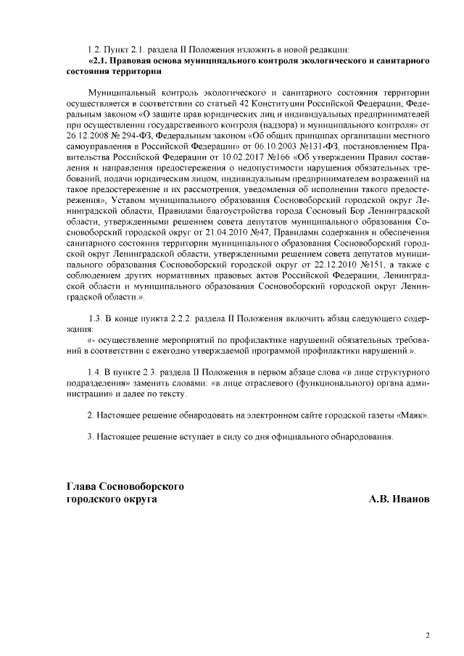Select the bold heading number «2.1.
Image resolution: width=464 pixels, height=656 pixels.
click(98, 62)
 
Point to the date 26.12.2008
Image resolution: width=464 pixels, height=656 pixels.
click(88, 135)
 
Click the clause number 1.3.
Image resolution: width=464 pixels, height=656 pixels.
click(94, 319)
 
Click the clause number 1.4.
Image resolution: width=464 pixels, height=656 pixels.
click(94, 370)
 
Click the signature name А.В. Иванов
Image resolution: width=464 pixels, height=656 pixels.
click(398, 500)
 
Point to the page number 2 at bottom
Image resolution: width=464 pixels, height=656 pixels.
click(427, 636)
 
